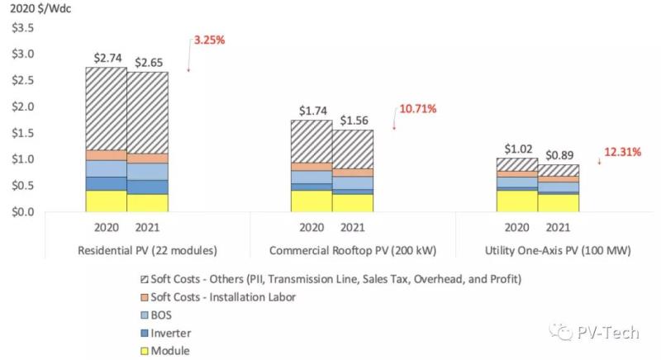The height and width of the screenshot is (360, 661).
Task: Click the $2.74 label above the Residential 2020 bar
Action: (x=106, y=58)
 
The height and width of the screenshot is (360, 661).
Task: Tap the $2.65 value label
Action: (x=149, y=62)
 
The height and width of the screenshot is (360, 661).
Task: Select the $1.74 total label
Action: (x=311, y=110)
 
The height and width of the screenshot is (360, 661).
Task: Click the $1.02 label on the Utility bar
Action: (x=517, y=149)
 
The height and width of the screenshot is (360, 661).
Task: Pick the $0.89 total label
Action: (x=558, y=155)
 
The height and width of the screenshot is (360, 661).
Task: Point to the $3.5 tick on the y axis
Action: (x=23, y=28)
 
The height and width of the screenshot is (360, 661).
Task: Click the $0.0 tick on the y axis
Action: (x=23, y=212)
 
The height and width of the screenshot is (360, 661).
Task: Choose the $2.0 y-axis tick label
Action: (x=23, y=107)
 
